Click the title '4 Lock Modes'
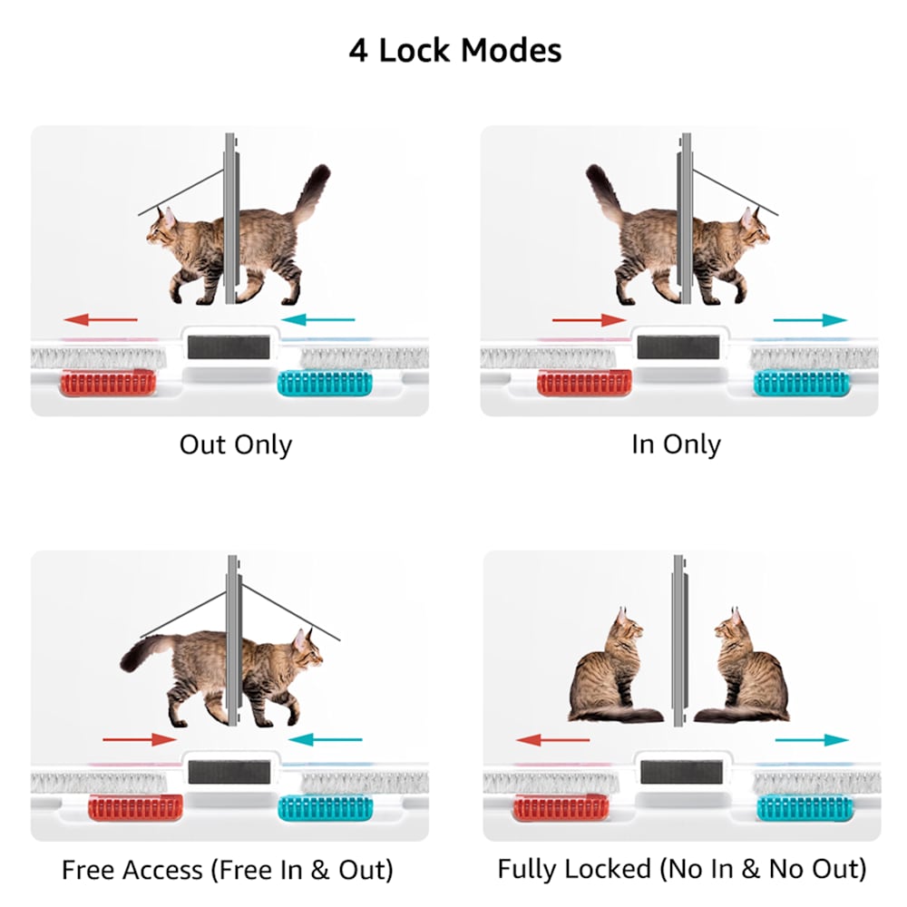pos(454,50)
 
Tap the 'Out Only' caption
pos(236,444)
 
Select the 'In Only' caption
pos(677,444)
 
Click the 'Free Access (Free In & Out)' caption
pos(228,870)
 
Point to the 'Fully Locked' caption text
pos(574,869)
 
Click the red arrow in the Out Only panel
pos(101,318)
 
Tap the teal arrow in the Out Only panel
pos(317,318)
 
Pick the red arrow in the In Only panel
pos(590,320)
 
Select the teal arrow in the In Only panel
pos(810,320)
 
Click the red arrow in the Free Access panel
pos(140,739)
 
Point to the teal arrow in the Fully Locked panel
pos(812,740)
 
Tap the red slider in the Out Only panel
pos(108,384)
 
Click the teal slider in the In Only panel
pos(802,384)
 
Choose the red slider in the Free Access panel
pos(135,807)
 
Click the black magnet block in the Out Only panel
pos(229,347)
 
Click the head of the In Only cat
pos(755,229)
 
